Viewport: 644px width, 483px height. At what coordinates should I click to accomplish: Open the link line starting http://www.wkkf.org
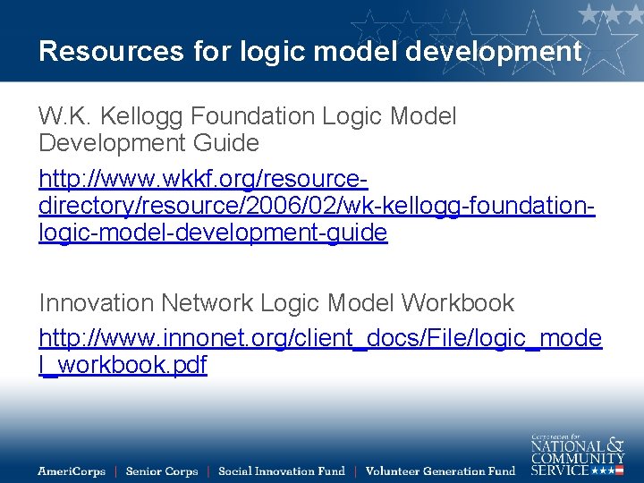(x=203, y=180)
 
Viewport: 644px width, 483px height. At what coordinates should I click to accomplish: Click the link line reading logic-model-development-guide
(x=213, y=233)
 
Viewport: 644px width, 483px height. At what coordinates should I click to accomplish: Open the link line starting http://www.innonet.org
(x=320, y=338)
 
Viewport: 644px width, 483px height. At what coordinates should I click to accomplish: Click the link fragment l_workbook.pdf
(x=123, y=365)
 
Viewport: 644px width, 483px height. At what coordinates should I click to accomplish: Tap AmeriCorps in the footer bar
(x=72, y=470)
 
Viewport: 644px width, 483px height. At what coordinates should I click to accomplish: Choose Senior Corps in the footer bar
(x=161, y=470)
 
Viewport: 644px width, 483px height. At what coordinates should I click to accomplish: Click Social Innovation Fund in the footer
(x=281, y=470)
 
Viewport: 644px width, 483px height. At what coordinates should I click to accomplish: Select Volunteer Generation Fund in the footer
(x=440, y=470)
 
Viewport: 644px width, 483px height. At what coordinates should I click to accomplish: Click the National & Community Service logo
(x=577, y=453)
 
